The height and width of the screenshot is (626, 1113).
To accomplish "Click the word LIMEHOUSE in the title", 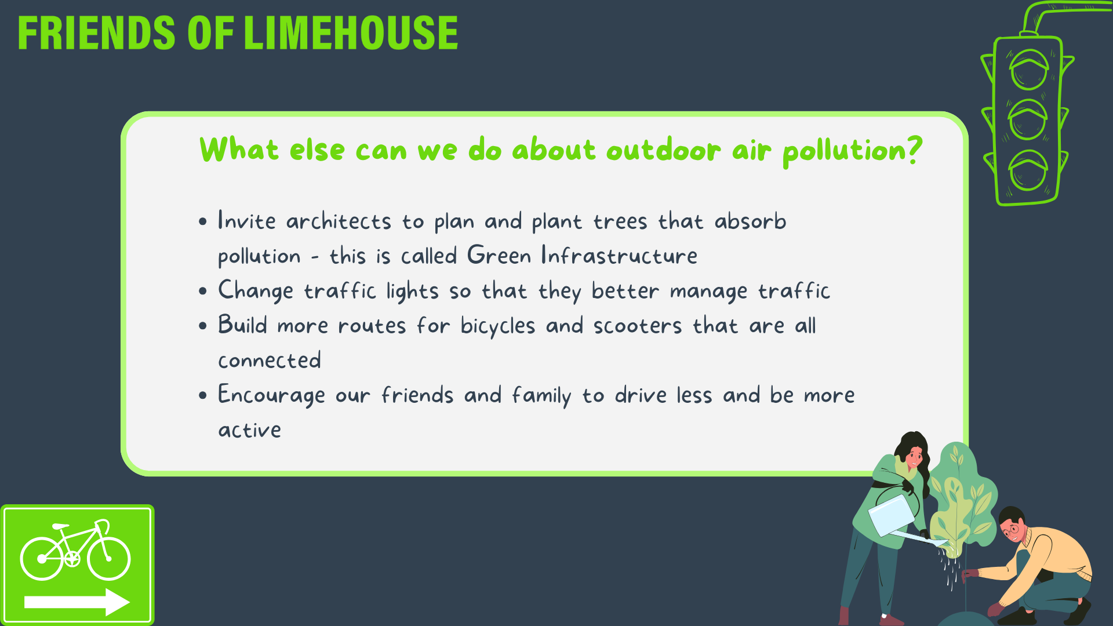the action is pyautogui.click(x=351, y=33).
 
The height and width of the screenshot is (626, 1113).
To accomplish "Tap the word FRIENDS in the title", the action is pyautogui.click(x=96, y=33).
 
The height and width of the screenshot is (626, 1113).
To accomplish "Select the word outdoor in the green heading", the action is pyautogui.click(x=664, y=150).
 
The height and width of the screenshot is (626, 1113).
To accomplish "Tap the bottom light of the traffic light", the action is pyautogui.click(x=1028, y=170).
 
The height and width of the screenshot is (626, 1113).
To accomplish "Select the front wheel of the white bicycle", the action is pyautogui.click(x=108, y=559).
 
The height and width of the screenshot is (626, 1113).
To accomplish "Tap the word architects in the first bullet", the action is pyautogui.click(x=339, y=221).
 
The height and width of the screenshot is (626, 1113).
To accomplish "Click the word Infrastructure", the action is pyautogui.click(x=619, y=256).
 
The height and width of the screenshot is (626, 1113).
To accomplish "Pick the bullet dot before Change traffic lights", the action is pyautogui.click(x=202, y=291).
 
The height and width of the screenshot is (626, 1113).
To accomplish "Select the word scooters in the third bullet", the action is pyautogui.click(x=638, y=326).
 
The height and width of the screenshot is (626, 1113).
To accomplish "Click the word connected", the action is pyautogui.click(x=270, y=361).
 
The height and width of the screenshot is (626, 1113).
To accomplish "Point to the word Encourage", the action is pyautogui.click(x=271, y=396).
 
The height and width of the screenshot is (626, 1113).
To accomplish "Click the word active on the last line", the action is pyautogui.click(x=250, y=430).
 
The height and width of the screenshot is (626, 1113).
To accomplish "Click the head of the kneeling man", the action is pyautogui.click(x=1013, y=525).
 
